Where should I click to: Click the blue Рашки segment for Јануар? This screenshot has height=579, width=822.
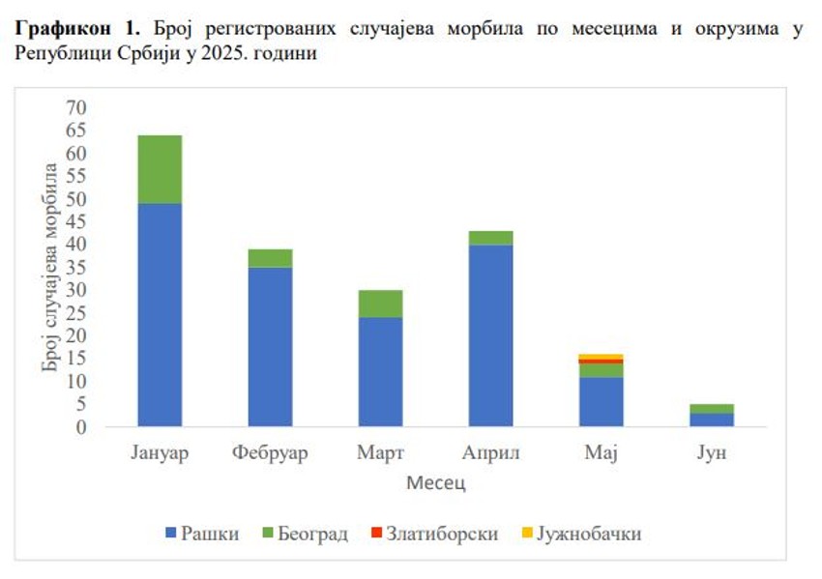(160, 314)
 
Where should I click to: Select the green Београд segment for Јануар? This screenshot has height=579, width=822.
(160, 169)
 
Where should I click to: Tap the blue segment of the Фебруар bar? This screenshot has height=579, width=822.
(270, 346)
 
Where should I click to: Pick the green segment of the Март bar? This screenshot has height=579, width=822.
(380, 304)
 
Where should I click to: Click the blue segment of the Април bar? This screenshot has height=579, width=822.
(490, 335)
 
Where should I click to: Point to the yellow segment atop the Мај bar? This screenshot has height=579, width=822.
(601, 357)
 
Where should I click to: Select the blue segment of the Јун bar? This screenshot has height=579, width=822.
(711, 420)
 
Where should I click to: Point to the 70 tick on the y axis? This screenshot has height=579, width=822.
(75, 107)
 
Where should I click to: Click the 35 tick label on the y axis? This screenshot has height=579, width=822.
(75, 267)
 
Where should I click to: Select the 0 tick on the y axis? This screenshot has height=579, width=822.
(81, 426)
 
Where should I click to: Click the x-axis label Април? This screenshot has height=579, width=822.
(491, 453)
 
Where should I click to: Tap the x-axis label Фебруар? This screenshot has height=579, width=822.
(270, 453)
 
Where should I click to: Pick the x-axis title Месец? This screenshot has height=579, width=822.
(436, 482)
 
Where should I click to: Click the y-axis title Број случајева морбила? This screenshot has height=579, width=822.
(50, 267)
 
